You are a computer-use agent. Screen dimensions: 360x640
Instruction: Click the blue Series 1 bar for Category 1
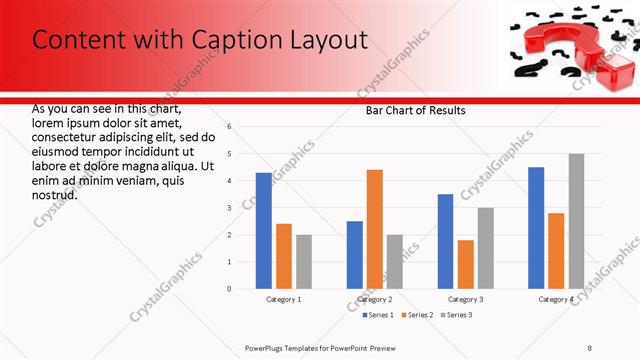263,231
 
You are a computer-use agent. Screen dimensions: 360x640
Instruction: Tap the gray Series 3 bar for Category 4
576,221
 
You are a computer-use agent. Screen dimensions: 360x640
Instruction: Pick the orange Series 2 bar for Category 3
465,264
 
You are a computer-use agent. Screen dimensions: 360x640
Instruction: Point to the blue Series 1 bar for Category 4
536,228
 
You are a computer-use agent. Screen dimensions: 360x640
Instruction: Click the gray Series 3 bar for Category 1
304,262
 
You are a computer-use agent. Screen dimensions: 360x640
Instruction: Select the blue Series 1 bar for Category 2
355,255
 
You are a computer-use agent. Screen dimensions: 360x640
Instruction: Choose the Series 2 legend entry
415,315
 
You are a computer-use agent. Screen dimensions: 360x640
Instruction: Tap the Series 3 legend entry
457,315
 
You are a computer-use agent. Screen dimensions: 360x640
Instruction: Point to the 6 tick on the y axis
230,127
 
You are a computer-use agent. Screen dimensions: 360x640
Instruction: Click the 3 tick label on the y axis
230,208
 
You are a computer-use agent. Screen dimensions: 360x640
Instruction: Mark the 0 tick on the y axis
230,289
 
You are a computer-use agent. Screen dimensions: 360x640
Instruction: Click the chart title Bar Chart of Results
415,110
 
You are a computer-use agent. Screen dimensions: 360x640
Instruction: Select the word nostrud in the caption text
55,194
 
